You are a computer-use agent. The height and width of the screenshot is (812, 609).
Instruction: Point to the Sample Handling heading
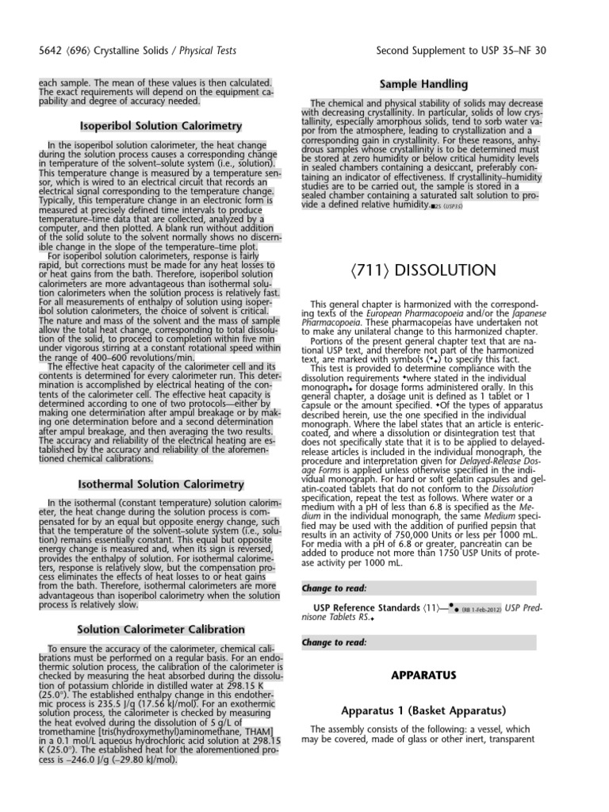(423, 84)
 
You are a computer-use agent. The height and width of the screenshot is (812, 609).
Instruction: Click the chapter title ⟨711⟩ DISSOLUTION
(423, 271)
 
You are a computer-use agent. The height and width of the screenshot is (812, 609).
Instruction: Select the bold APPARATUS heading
(423, 675)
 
